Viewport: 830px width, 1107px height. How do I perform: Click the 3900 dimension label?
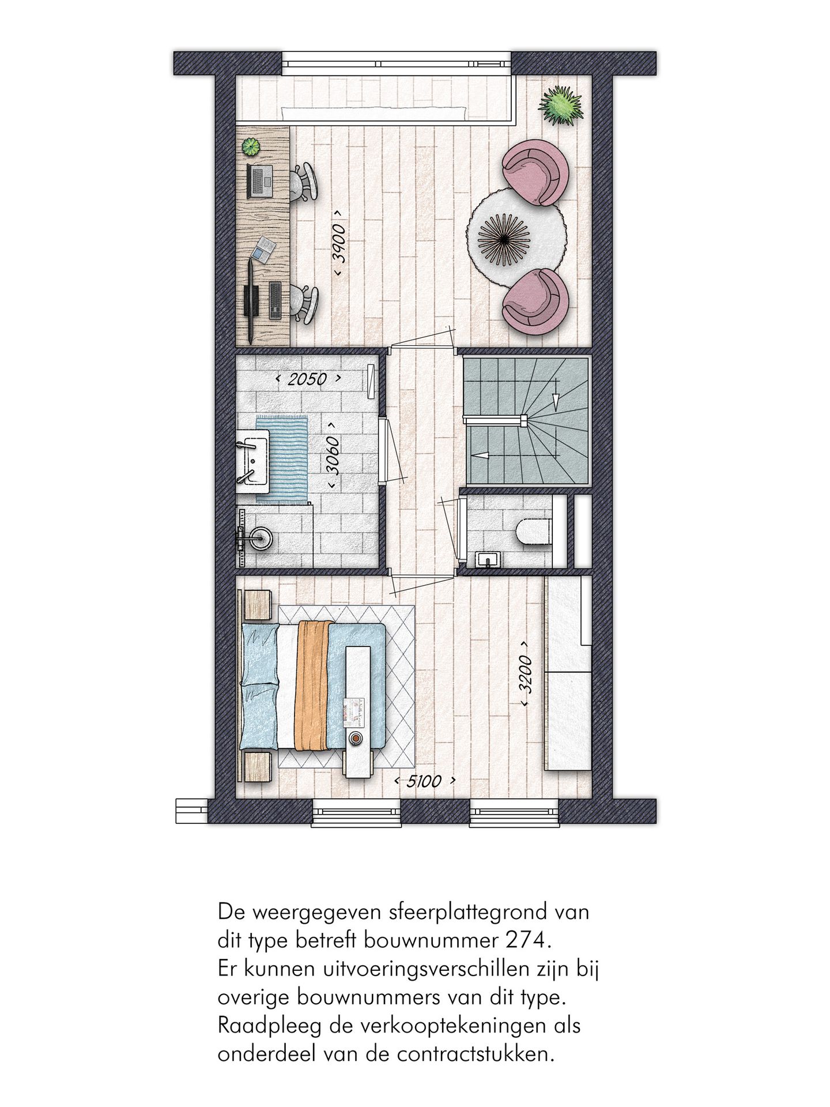[x=339, y=244]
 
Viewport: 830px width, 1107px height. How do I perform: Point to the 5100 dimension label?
[x=425, y=782]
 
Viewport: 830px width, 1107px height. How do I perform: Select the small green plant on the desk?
[x=251, y=146]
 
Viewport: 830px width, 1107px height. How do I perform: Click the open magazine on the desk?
[x=265, y=248]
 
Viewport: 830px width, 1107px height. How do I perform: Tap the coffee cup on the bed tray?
[x=356, y=738]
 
